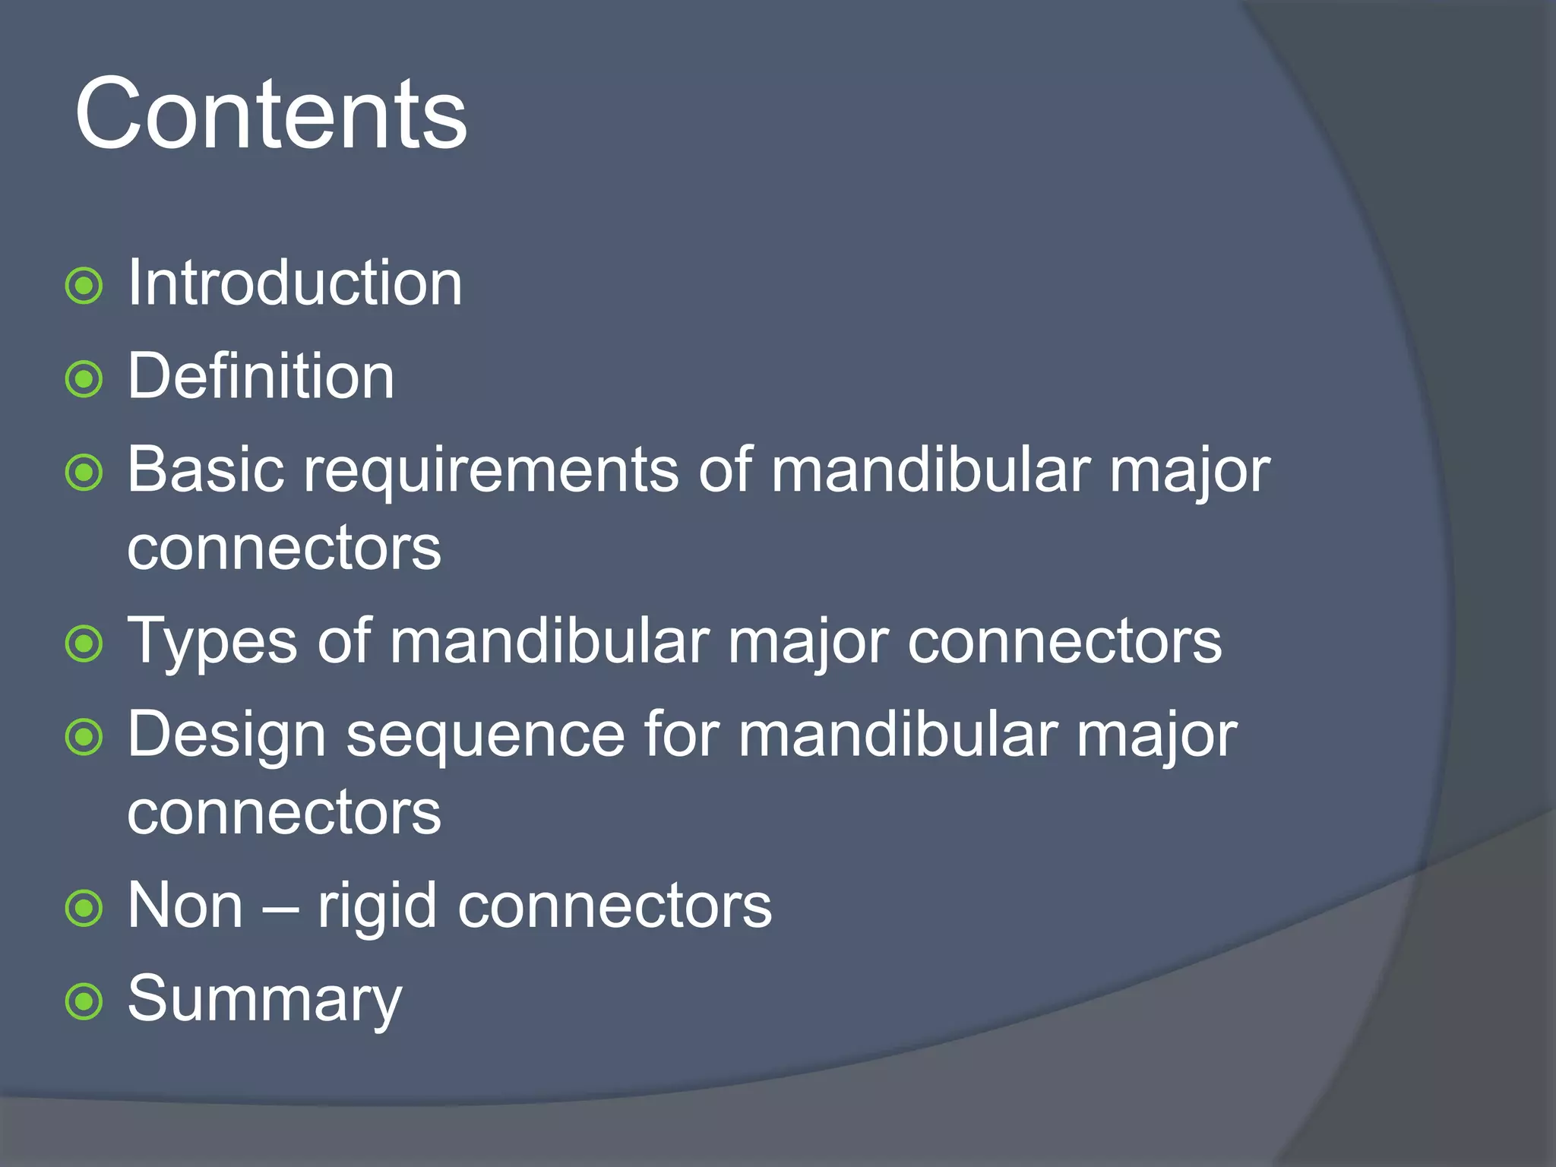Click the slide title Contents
pos(270,115)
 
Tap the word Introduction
pos(295,283)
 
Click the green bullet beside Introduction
pos(84,286)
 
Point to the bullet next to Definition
pos(84,379)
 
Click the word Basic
pos(206,470)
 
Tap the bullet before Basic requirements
pos(84,473)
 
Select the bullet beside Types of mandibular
pos(84,644)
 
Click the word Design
pos(226,736)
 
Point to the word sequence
pos(485,736)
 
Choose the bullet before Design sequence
pos(84,737)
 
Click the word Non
pos(185,906)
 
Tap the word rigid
pos(377,907)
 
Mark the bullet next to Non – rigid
pos(84,909)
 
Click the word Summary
pos(264,1000)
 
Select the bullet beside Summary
pos(84,1001)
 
